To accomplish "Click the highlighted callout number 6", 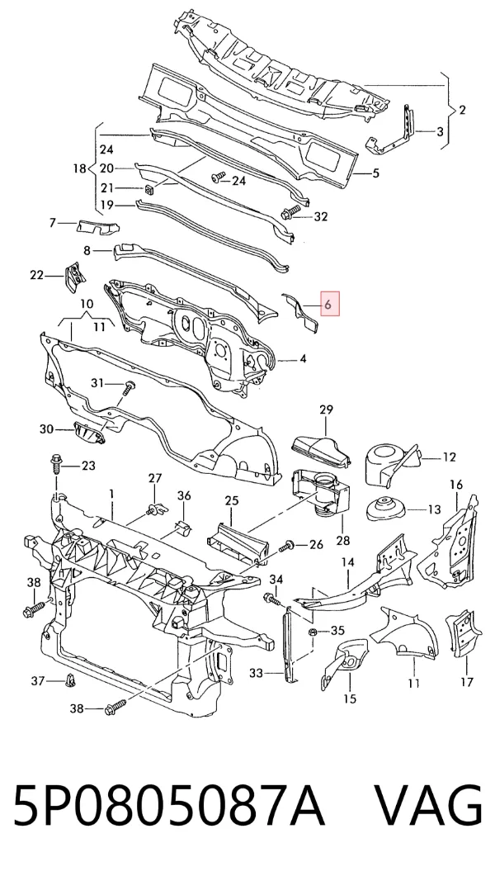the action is tap(328, 305).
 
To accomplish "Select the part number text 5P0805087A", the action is tap(169, 807).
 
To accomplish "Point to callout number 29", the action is tap(326, 410).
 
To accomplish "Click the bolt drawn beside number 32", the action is tap(290, 213).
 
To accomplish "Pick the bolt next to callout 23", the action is tap(56, 462).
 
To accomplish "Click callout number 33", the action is tap(256, 674).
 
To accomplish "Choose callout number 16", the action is tap(456, 485).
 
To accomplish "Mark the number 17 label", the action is tap(467, 682).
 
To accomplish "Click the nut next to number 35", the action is tap(313, 632).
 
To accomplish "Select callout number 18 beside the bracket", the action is tap(80, 168).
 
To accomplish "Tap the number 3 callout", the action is tap(441, 132).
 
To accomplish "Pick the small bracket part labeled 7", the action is tap(97, 227).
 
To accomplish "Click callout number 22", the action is tap(36, 275).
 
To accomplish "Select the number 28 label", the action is tap(342, 540).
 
